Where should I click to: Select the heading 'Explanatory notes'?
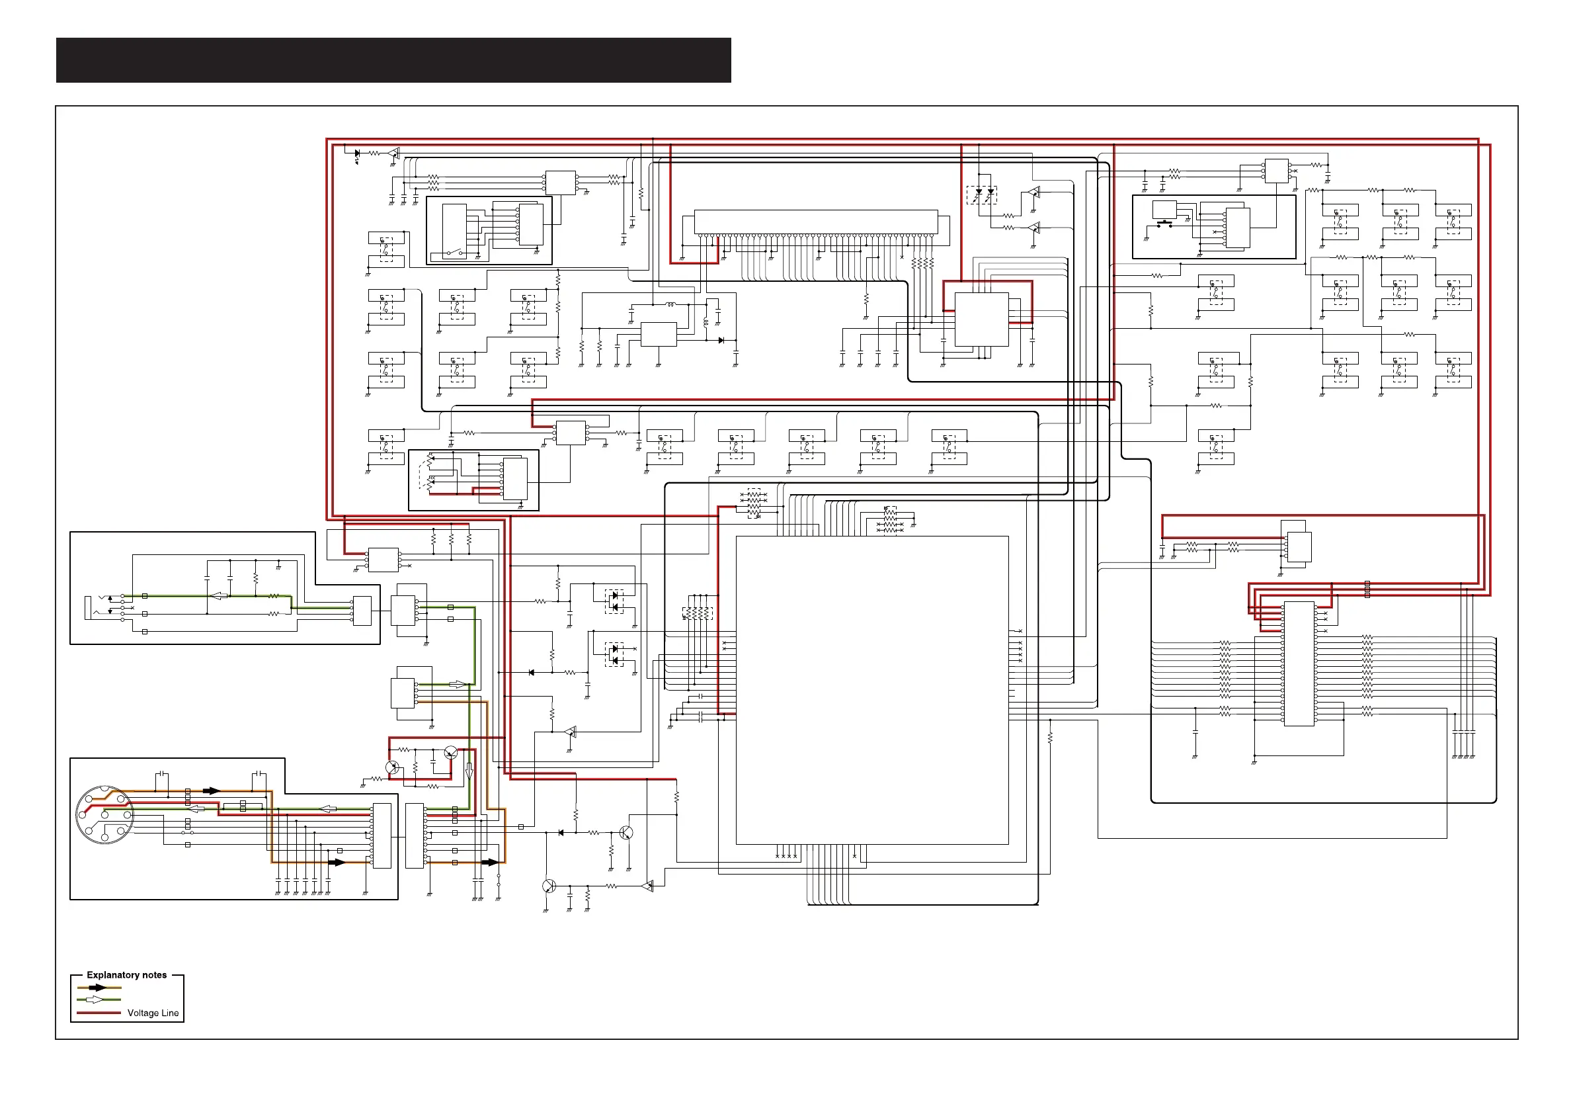(x=127, y=974)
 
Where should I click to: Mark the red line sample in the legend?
(x=99, y=1013)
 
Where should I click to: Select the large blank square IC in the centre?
(x=872, y=690)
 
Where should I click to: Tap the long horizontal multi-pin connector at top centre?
(x=816, y=222)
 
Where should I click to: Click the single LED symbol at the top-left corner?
(x=356, y=154)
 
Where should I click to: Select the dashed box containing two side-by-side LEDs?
(x=982, y=196)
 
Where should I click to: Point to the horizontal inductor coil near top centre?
(x=670, y=304)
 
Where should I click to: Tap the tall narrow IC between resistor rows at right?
(x=1299, y=664)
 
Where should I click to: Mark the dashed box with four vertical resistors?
(x=698, y=614)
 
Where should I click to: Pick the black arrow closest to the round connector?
(x=210, y=791)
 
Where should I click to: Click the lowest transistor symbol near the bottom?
(x=549, y=886)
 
